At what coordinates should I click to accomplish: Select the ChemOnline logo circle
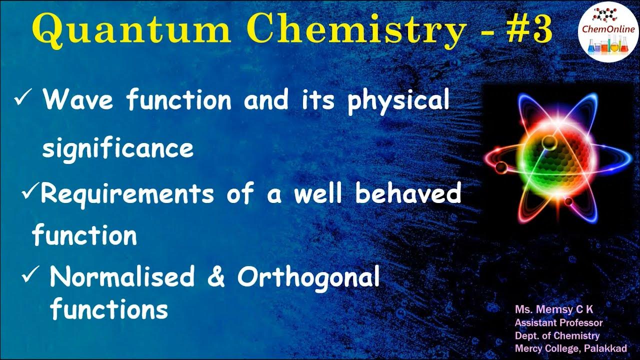point(608,31)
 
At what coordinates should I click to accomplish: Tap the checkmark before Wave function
point(24,99)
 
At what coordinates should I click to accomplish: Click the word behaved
point(407,194)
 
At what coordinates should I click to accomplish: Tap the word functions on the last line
point(109,309)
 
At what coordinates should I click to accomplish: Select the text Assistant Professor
point(558,323)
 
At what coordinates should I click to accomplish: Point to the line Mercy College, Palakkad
point(570,348)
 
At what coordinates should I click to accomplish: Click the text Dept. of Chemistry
point(557,335)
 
